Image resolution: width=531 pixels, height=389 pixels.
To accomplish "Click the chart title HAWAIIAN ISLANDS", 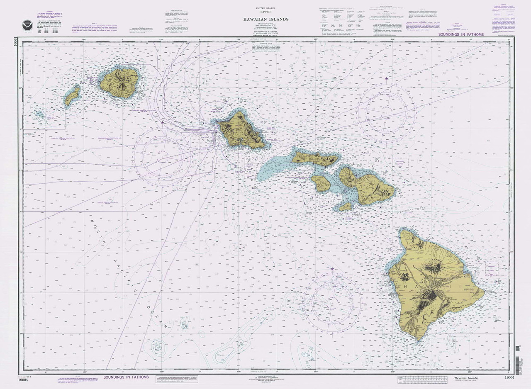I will click(265, 19).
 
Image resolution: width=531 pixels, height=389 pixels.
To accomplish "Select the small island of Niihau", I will click(72, 96).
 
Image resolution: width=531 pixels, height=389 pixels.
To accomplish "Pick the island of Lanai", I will click(320, 182).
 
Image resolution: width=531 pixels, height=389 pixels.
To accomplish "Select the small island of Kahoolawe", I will click(345, 206).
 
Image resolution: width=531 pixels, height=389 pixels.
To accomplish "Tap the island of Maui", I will click(367, 182).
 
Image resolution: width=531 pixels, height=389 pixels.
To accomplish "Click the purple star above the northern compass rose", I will click(387, 78).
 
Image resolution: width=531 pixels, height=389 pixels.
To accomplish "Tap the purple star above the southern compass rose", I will click(332, 270).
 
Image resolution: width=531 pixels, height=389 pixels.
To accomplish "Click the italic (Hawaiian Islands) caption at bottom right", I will click(469, 377).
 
